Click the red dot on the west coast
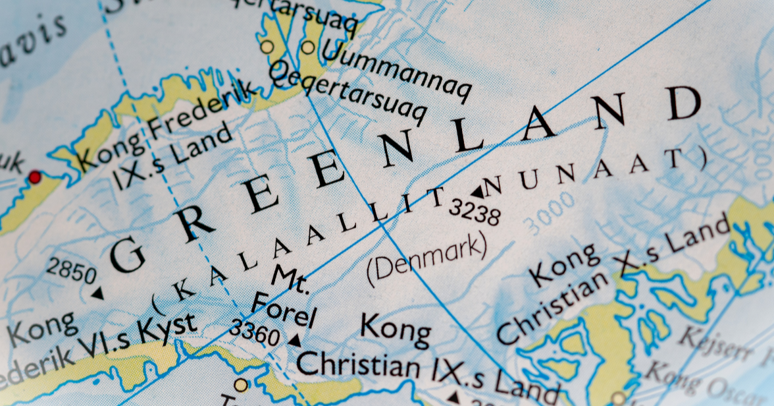coord(34,177)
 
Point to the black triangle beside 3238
coord(477,192)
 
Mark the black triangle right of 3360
coord(296,340)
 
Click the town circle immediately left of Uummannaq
coord(308,47)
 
